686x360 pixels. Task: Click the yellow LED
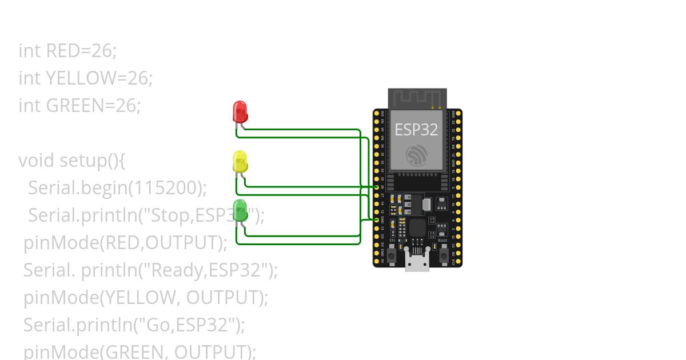pos(240,161)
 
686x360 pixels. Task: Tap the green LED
pos(240,210)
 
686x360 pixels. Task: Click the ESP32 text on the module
pos(416,130)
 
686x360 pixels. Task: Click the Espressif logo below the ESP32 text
pos(417,156)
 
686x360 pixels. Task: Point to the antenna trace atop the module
pos(417,98)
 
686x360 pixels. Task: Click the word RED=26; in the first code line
pos(81,51)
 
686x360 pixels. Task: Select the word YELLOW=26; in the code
pos(99,78)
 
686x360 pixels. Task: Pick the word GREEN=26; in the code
pos(93,106)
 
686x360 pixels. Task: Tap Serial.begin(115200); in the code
pos(117,188)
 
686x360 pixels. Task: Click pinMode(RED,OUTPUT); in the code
pos(125,243)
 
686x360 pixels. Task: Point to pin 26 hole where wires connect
pos(376,187)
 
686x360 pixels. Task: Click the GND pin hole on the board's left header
pos(376,219)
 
